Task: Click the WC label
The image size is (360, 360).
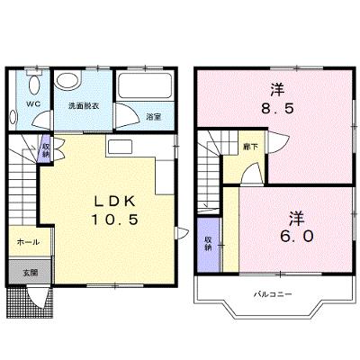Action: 33,104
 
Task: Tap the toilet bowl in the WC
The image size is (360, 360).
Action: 34,84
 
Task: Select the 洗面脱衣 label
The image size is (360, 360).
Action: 84,106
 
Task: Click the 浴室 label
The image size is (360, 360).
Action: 153,117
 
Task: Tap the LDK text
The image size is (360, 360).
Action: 115,202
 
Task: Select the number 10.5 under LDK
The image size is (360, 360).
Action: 115,220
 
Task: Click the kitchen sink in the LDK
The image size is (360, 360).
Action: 120,148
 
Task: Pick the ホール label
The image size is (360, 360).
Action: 28,242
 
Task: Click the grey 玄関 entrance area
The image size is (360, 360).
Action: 30,272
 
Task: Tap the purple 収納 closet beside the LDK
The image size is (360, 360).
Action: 46,148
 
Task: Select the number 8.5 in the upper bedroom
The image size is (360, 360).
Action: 277,109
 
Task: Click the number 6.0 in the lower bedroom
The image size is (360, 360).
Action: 297,236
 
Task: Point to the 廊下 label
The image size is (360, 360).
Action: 251,147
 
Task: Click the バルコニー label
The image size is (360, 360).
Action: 273,294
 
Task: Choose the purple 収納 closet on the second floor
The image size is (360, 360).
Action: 209,244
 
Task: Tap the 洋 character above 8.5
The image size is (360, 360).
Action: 277,90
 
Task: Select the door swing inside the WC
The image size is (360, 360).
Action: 42,120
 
